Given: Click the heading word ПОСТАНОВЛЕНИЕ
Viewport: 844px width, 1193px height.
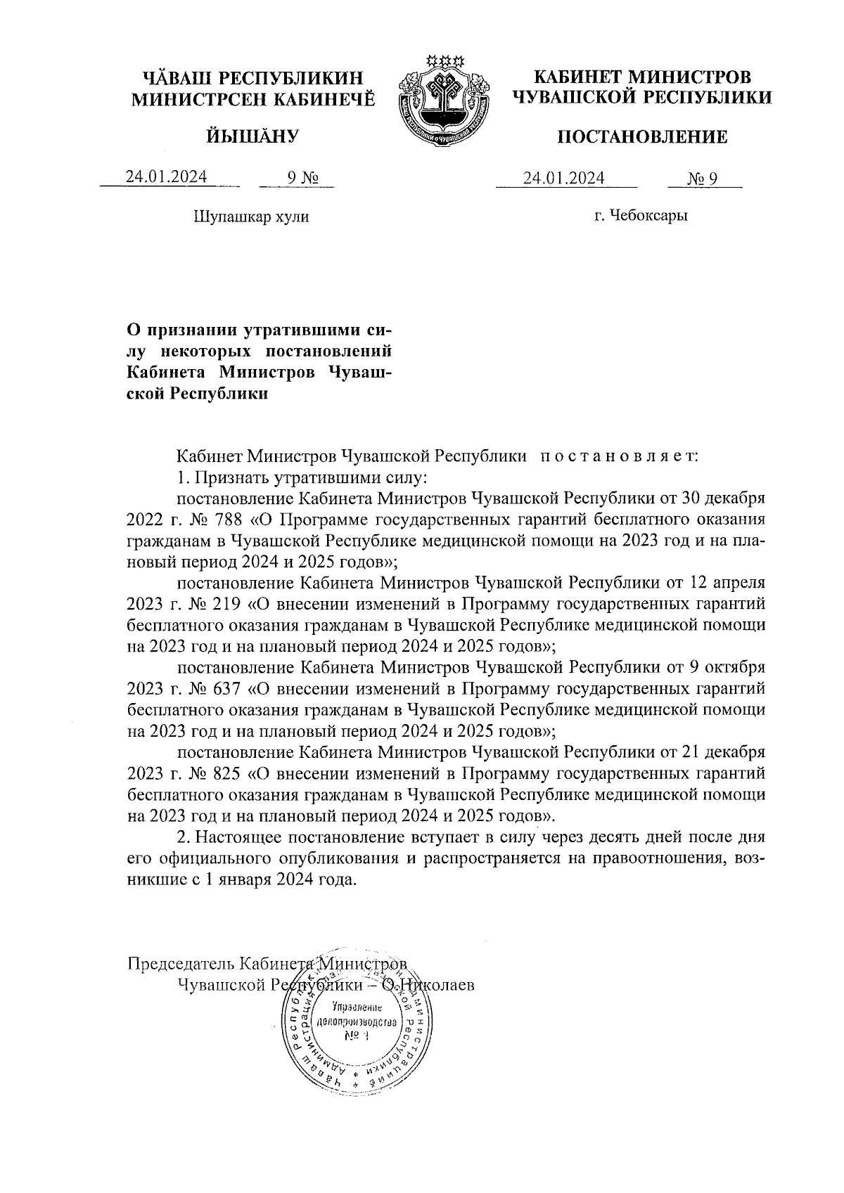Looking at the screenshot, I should [x=642, y=137].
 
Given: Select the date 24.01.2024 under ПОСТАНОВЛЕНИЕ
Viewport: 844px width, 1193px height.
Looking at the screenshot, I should [x=563, y=179].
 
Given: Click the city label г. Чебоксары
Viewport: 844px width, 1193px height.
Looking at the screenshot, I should [x=640, y=215].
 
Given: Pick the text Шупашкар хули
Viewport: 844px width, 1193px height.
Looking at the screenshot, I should [x=251, y=217].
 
